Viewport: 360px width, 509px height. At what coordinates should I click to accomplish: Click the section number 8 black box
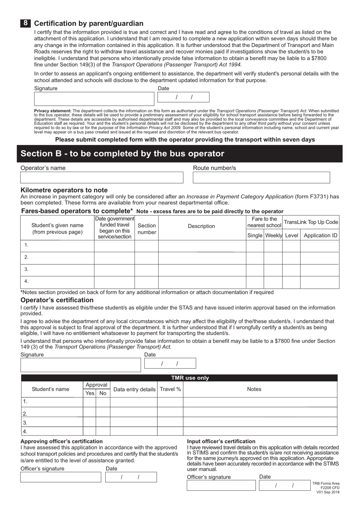(25, 23)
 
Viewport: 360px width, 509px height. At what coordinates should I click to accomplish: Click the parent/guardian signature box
(94, 99)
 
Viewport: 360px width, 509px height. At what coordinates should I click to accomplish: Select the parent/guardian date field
(183, 97)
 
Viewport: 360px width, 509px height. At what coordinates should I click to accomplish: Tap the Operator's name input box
(102, 177)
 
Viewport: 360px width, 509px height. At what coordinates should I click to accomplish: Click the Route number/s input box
(261, 177)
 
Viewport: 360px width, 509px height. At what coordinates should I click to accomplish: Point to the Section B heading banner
(180, 153)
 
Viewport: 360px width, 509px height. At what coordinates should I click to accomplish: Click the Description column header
(202, 226)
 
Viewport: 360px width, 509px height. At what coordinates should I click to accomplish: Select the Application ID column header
(320, 235)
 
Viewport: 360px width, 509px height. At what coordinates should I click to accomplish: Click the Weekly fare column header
(273, 235)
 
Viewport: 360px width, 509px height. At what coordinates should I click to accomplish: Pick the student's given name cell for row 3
(57, 269)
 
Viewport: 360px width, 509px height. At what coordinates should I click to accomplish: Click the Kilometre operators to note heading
(64, 190)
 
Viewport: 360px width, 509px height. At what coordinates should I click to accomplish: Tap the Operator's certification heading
(57, 300)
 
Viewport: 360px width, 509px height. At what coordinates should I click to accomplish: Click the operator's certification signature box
(81, 365)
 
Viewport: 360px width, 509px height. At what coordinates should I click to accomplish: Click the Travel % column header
(170, 389)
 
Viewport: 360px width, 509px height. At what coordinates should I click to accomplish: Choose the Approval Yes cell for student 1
(89, 402)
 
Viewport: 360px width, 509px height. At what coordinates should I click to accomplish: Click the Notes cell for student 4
(260, 431)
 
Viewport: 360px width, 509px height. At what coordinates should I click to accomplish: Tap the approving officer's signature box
(61, 477)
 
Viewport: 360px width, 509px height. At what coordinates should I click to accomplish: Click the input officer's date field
(285, 486)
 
